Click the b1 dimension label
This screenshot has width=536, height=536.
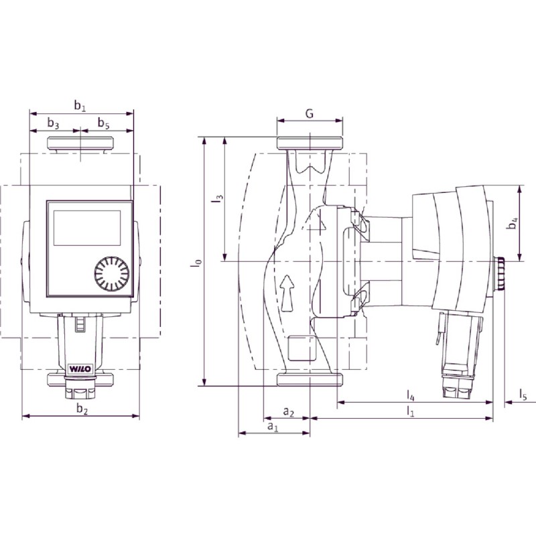tap(80, 106)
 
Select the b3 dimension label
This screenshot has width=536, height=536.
tap(53, 123)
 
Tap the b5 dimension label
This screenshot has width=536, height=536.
tap(104, 123)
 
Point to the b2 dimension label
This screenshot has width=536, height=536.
tap(82, 409)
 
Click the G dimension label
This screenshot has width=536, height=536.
tap(310, 113)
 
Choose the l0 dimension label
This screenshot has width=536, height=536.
tap(197, 263)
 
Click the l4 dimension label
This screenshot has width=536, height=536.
tap(411, 396)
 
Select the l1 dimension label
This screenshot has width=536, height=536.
tap(410, 411)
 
